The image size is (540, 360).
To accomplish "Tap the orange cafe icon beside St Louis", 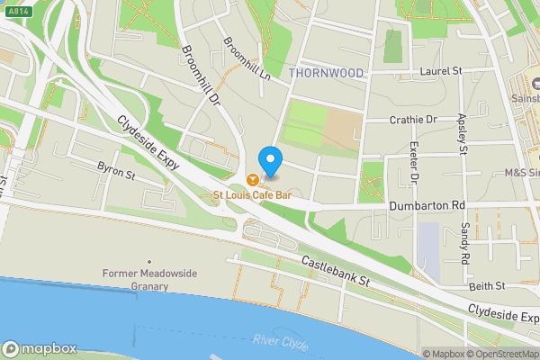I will click(x=252, y=178).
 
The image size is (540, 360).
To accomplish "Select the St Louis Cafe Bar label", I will click(x=257, y=194).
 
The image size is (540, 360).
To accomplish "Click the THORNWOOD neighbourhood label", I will click(x=327, y=72).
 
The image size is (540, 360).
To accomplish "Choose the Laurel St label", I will click(x=440, y=70).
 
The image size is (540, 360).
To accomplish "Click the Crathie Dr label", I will click(x=413, y=119).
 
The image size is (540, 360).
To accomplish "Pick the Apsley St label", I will click(x=462, y=132).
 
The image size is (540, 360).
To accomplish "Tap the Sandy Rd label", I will click(x=465, y=244).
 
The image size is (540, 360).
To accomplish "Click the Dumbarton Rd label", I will click(x=427, y=205).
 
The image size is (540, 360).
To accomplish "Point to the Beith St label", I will click(x=487, y=285).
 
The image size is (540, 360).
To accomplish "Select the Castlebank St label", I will click(x=337, y=270).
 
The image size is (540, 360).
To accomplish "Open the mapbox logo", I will click(x=40, y=348).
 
